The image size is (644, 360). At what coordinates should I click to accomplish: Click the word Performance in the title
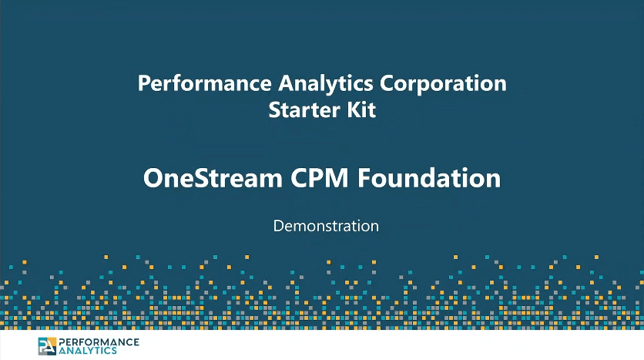[205, 83]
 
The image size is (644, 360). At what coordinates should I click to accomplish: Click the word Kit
[361, 109]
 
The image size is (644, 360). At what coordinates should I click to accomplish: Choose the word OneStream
[213, 178]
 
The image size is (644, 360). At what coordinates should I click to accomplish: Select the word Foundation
[429, 178]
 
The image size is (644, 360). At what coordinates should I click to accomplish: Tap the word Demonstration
[326, 226]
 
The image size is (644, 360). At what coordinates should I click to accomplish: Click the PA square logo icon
[47, 346]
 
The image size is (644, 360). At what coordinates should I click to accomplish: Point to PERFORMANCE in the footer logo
[99, 342]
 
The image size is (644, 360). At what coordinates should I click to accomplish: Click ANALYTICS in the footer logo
[88, 351]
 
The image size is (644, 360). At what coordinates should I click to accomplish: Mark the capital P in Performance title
[144, 83]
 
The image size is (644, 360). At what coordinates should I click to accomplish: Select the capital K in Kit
[354, 110]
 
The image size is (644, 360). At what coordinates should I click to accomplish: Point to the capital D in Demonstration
[279, 226]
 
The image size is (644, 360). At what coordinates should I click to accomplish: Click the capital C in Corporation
[387, 83]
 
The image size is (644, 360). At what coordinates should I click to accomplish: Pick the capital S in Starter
[275, 110]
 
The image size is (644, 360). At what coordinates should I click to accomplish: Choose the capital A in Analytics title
[287, 83]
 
